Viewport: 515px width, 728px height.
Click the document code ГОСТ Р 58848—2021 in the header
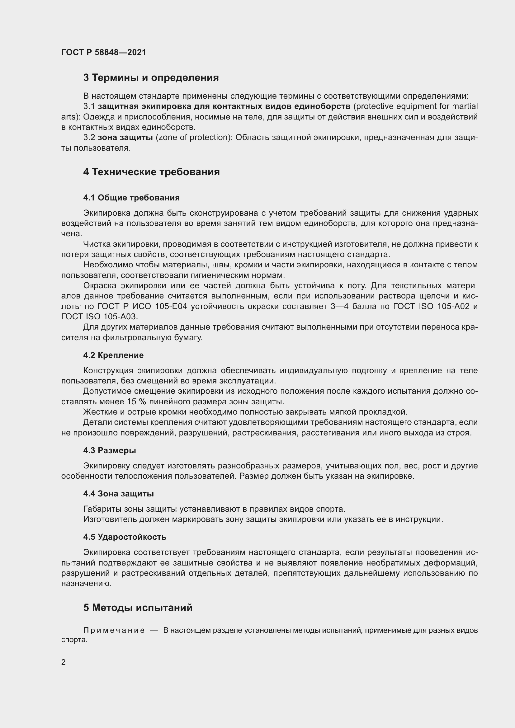pos(104,52)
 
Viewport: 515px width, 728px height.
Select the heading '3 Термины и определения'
pos(151,78)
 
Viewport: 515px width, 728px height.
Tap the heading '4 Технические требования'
pos(151,172)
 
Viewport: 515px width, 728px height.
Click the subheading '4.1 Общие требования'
pos(131,198)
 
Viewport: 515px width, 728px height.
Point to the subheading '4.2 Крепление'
pos(113,355)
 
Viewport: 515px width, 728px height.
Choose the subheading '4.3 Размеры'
pos(109,450)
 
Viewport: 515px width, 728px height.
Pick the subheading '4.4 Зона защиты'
pos(118,493)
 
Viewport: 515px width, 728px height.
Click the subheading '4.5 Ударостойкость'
pos(125,537)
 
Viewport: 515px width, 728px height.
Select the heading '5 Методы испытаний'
pos(138,608)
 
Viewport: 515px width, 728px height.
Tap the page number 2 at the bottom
pos(64,662)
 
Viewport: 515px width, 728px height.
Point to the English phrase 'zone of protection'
pos(194,138)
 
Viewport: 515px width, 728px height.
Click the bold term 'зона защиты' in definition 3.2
pos(125,138)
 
